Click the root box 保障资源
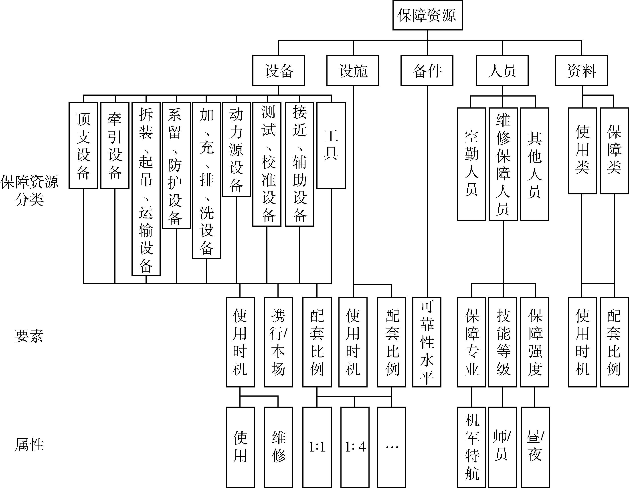(427, 15)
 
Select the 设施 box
(353, 71)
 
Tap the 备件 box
(427, 71)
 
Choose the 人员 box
(502, 71)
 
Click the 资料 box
(581, 71)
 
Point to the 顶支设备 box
(83, 145)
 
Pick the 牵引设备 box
(115, 145)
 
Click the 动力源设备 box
(236, 149)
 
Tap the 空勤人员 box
(472, 164)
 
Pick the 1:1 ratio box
(317, 447)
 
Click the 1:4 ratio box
(355, 447)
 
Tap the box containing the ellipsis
(392, 447)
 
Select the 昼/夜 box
(535, 447)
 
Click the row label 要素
(29, 336)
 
